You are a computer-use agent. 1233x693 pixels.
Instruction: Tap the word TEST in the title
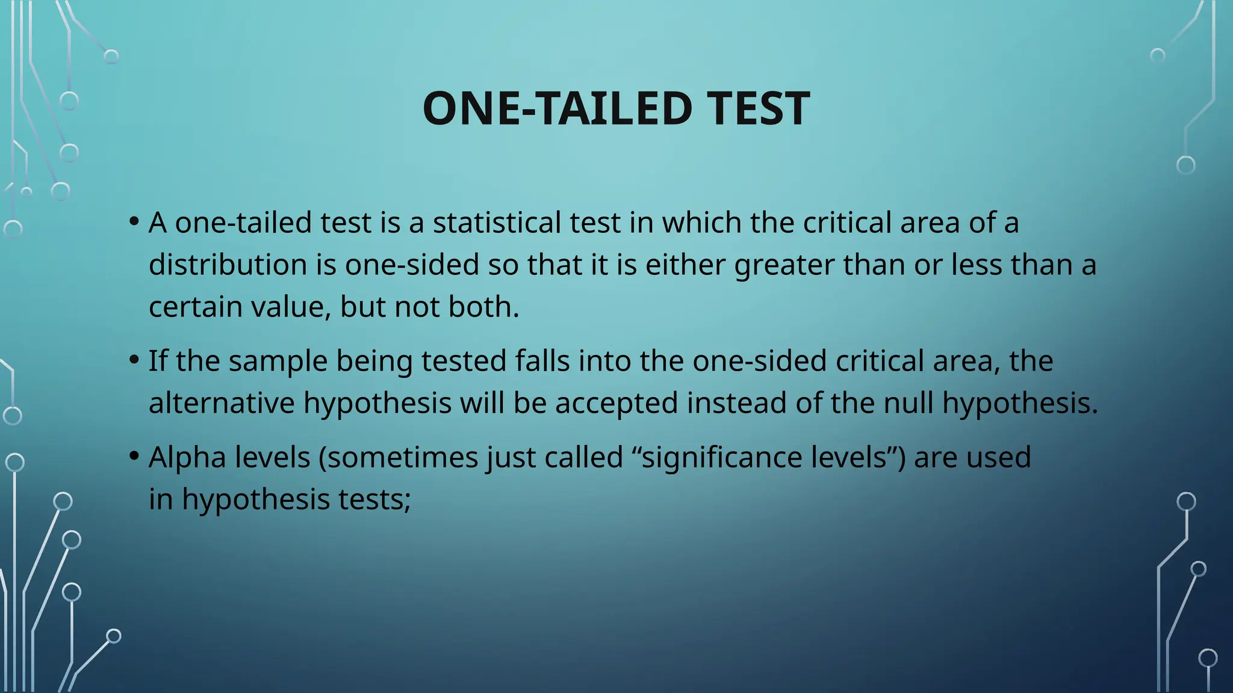point(758,108)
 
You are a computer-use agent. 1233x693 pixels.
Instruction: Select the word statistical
point(496,222)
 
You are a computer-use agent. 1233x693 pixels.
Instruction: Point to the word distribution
point(228,264)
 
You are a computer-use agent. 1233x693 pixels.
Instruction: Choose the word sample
point(278,362)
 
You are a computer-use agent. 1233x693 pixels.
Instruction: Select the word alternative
point(222,402)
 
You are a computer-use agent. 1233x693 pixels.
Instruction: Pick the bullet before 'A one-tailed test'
point(134,221)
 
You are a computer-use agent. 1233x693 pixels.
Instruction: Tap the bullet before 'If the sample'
point(134,360)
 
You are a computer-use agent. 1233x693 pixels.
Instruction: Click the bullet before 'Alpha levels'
point(134,456)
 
